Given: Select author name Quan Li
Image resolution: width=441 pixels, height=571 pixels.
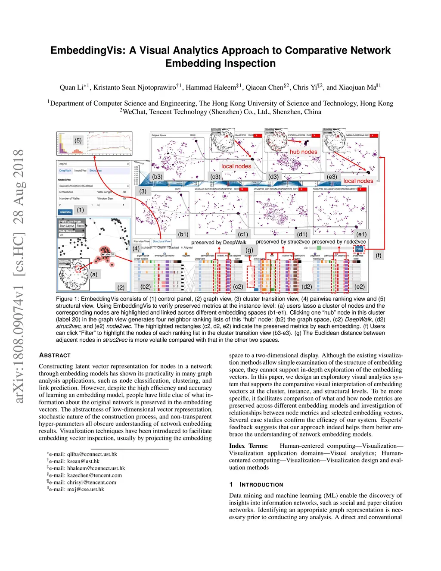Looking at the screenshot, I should (x=71, y=87).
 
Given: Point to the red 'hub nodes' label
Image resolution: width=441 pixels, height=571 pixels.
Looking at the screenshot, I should (x=303, y=152).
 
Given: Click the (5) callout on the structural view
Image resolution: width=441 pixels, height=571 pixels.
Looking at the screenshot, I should (x=78, y=140).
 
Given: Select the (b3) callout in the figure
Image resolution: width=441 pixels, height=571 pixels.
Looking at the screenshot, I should (x=157, y=177).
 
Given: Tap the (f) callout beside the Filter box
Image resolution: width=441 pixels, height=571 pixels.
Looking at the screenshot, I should (x=379, y=256).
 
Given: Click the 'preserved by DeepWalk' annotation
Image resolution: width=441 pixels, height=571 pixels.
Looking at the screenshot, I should (x=219, y=243).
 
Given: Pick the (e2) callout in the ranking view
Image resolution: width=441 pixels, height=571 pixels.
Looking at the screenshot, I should (x=359, y=287).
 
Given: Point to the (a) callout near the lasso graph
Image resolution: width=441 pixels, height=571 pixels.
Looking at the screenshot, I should (x=94, y=274).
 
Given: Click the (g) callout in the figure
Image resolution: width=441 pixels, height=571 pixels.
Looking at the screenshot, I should (x=249, y=250).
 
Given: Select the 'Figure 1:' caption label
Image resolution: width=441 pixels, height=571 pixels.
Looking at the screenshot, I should (x=68, y=299).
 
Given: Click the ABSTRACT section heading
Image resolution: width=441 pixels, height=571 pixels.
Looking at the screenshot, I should (x=55, y=356).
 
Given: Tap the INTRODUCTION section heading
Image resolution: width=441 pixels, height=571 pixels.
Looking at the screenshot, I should (x=261, y=485).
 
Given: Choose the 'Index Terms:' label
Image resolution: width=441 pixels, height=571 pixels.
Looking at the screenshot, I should (x=248, y=446).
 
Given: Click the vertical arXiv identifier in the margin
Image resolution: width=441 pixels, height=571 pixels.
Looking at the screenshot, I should (x=18, y=276).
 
